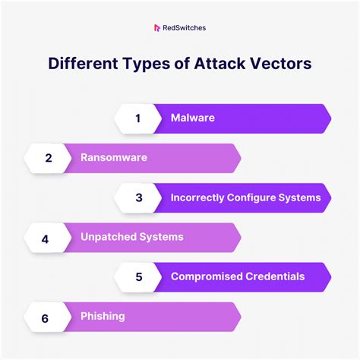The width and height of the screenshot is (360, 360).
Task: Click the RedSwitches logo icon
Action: tap(156, 28)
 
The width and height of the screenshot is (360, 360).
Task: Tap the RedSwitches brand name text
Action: tap(185, 28)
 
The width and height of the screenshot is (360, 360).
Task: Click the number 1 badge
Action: tap(138, 118)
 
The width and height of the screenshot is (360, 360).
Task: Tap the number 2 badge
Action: tap(49, 158)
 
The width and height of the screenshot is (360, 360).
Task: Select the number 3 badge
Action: tap(138, 197)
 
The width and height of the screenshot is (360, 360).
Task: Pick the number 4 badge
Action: tap(46, 238)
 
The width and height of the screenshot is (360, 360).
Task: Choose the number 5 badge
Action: tap(138, 276)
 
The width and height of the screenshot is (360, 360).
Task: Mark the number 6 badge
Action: tap(46, 316)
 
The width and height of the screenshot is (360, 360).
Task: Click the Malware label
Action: tap(193, 118)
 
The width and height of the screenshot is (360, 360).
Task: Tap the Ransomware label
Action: tap(114, 158)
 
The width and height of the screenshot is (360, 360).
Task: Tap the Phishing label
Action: tap(103, 316)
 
